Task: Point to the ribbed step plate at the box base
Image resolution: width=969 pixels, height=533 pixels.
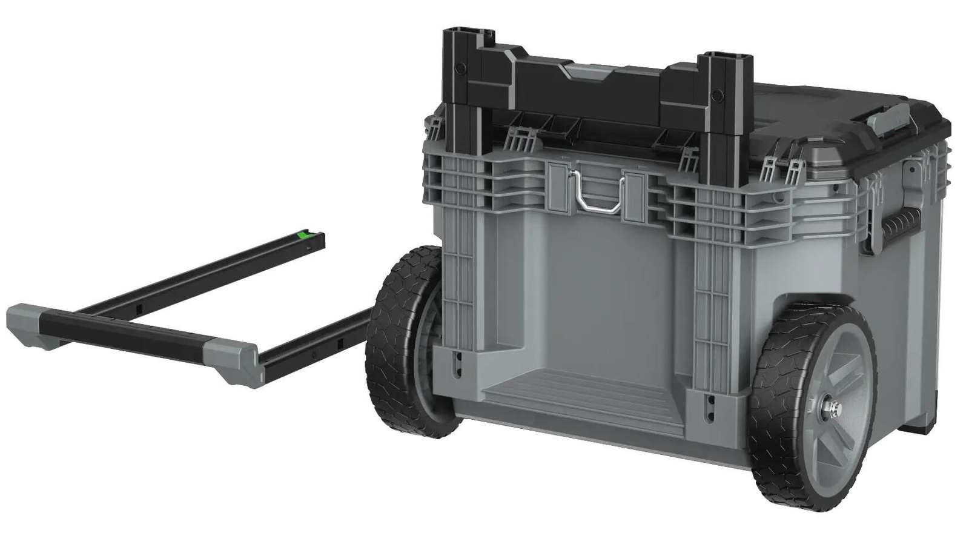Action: [575, 394]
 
